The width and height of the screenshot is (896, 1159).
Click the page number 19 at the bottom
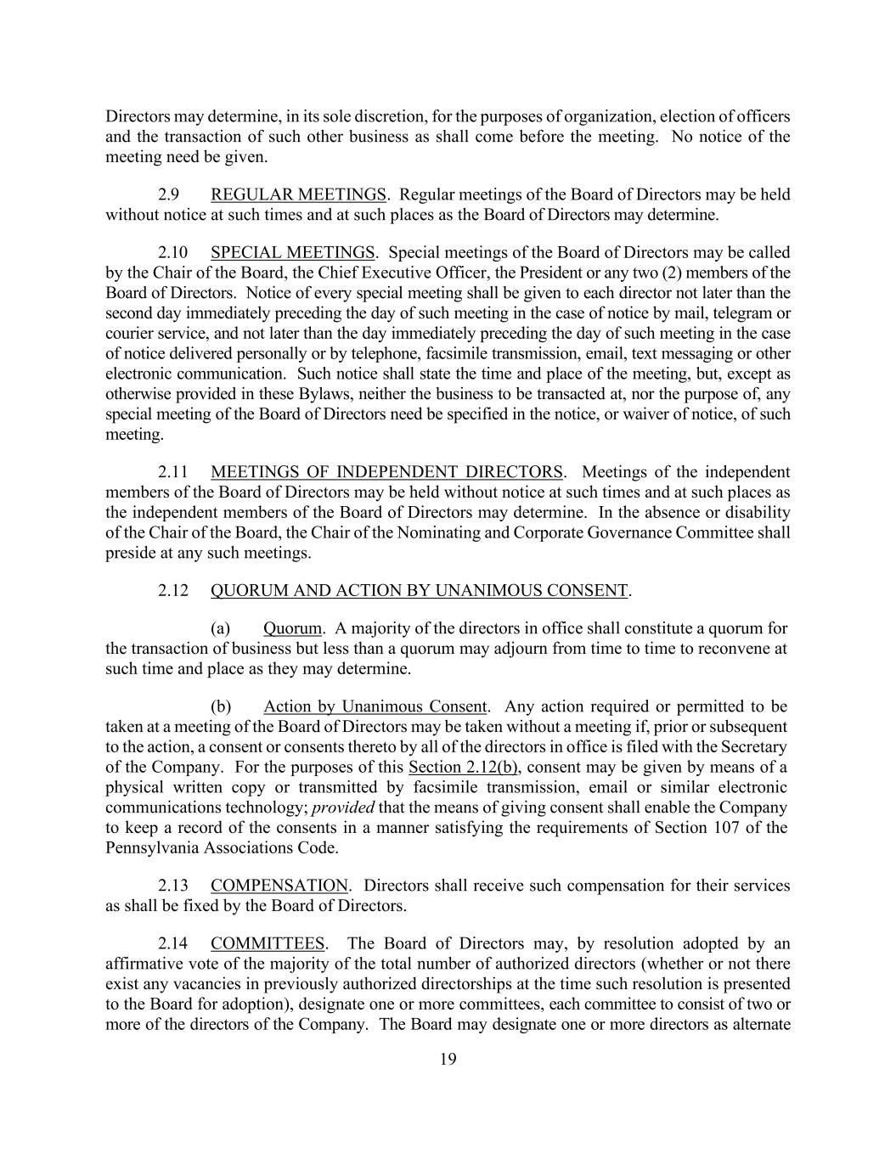click(448, 1059)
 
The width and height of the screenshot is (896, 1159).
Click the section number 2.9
click(168, 194)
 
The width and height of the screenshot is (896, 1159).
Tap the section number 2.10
click(172, 252)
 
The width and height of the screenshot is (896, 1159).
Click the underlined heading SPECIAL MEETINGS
click(292, 252)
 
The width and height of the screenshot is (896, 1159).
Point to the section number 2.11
click(172, 472)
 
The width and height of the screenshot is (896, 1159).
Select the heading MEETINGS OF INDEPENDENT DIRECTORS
click(386, 472)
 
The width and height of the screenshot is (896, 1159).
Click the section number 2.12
click(172, 591)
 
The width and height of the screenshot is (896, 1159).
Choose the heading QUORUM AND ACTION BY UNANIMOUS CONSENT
click(419, 591)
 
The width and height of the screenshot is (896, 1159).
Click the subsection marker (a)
click(221, 629)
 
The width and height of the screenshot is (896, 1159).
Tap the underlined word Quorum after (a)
click(292, 629)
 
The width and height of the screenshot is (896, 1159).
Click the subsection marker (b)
click(221, 706)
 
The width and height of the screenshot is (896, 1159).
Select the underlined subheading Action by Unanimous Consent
click(375, 706)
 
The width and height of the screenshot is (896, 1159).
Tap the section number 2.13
click(172, 886)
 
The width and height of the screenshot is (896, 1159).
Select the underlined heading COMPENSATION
click(279, 886)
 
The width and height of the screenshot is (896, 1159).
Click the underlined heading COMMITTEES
click(268, 943)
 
